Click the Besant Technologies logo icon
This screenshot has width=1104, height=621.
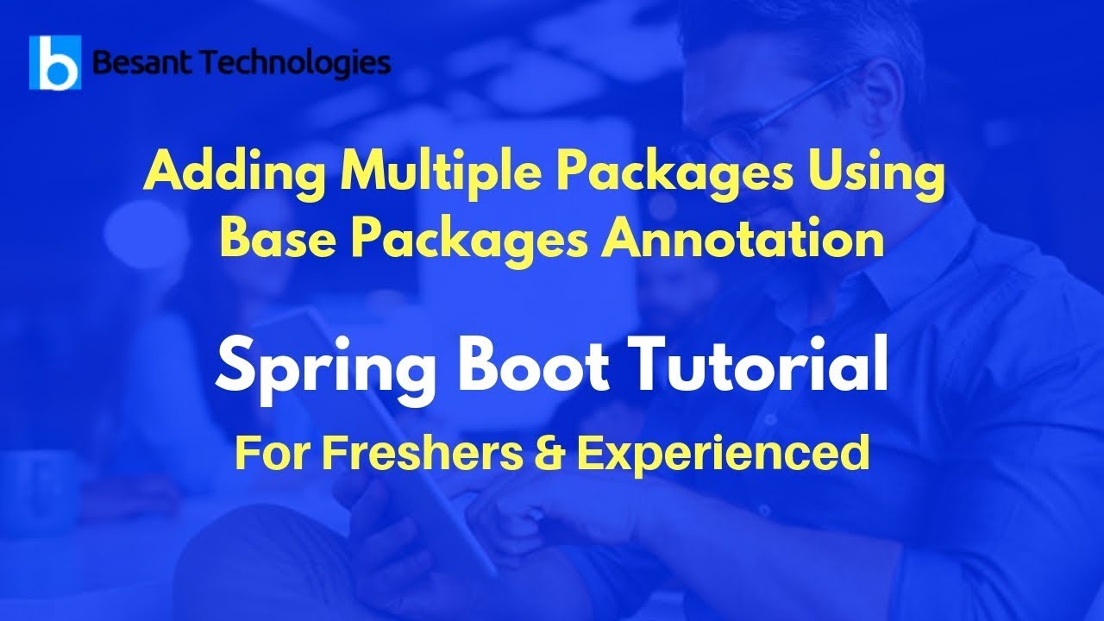(55, 63)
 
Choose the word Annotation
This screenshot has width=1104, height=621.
(743, 239)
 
